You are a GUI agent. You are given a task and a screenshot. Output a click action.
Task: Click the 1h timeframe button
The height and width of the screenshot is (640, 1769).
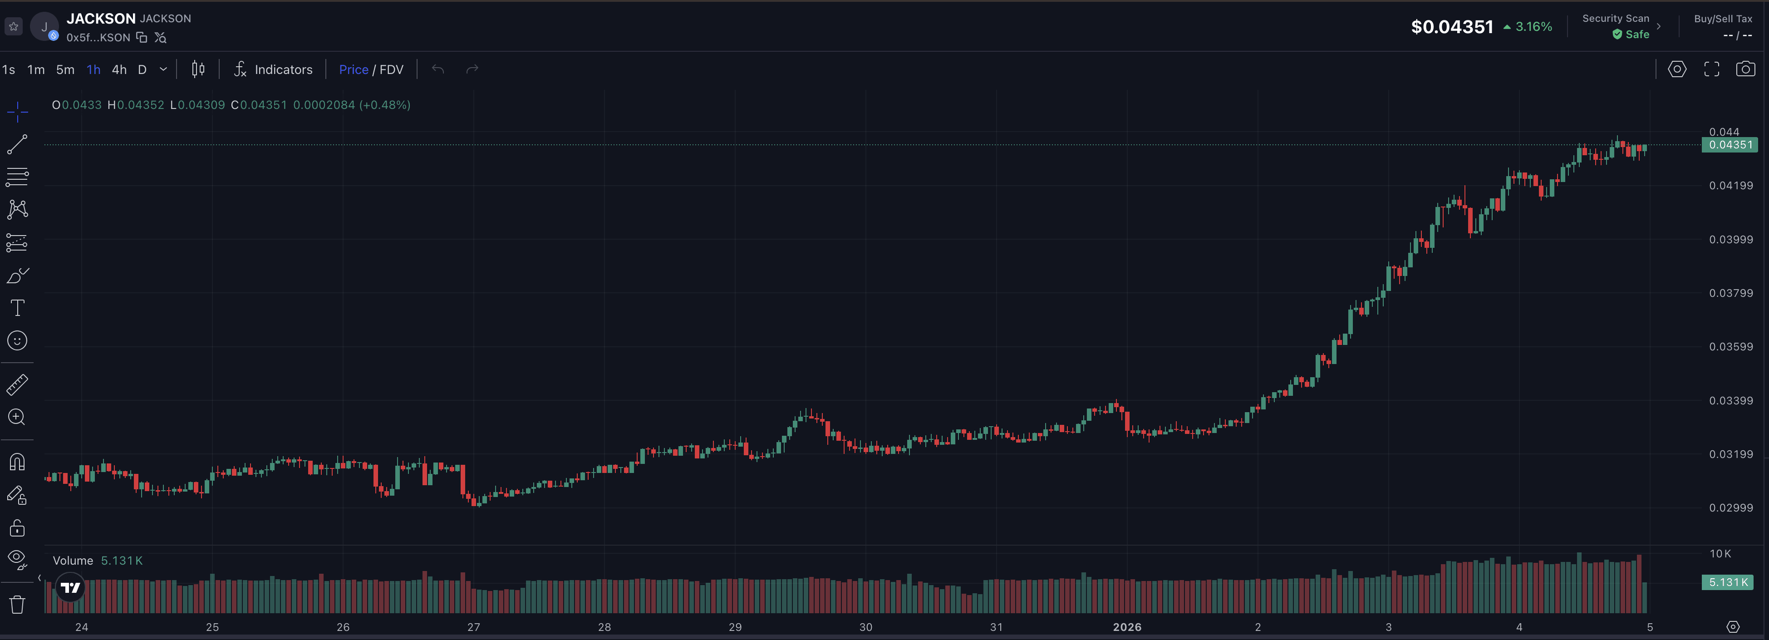coord(93,69)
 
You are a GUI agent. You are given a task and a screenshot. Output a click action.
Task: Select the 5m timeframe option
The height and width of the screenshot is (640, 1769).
coord(65,69)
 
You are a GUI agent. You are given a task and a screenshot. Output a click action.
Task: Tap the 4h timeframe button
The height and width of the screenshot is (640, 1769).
coord(119,69)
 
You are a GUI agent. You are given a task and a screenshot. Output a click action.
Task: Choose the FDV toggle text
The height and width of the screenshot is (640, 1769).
coord(392,69)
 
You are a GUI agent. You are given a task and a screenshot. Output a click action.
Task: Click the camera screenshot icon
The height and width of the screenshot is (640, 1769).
coord(1745,69)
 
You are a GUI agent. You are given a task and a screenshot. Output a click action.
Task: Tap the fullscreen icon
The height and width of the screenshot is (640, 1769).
coord(1711,69)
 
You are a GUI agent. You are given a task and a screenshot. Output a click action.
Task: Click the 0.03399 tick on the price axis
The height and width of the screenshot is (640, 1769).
coord(1730,400)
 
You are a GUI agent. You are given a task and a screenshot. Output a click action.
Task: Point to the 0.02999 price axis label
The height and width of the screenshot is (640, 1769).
coord(1730,507)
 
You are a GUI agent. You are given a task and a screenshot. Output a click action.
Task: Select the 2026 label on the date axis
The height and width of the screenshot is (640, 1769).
coord(1127,627)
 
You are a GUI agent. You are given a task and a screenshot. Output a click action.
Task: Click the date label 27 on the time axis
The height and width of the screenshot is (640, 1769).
coord(474,627)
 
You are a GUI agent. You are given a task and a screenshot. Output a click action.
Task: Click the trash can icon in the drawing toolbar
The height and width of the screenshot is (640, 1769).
coord(17,604)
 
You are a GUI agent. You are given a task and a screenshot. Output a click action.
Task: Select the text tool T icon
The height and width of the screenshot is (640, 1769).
coord(17,308)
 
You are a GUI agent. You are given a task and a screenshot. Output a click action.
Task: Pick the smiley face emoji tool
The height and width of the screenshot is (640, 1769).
coord(17,340)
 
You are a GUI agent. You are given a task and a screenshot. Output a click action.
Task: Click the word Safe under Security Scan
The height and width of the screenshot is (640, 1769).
coord(1637,34)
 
